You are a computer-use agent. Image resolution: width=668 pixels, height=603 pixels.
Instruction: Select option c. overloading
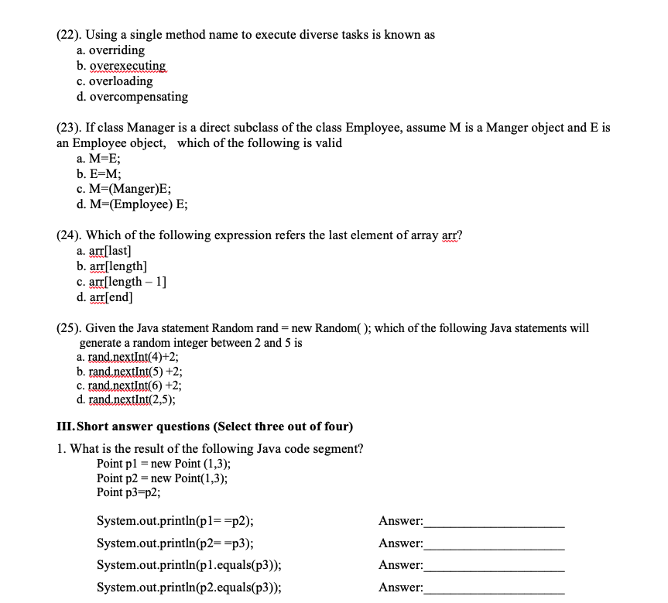pos(115,81)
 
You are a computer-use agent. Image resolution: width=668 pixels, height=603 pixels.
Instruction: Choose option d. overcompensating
pos(132,97)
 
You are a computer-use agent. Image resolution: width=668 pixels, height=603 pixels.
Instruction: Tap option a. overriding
pos(111,50)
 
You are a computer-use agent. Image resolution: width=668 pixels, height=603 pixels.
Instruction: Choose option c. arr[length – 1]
pos(122,282)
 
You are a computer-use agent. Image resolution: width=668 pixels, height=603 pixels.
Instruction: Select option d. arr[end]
pos(104,297)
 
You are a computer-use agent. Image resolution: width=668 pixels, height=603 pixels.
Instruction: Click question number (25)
pos(68,328)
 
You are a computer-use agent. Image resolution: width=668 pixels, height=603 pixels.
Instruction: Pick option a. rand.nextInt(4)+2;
pos(128,357)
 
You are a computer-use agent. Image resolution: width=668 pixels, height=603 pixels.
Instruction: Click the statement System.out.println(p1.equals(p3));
pos(189,565)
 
